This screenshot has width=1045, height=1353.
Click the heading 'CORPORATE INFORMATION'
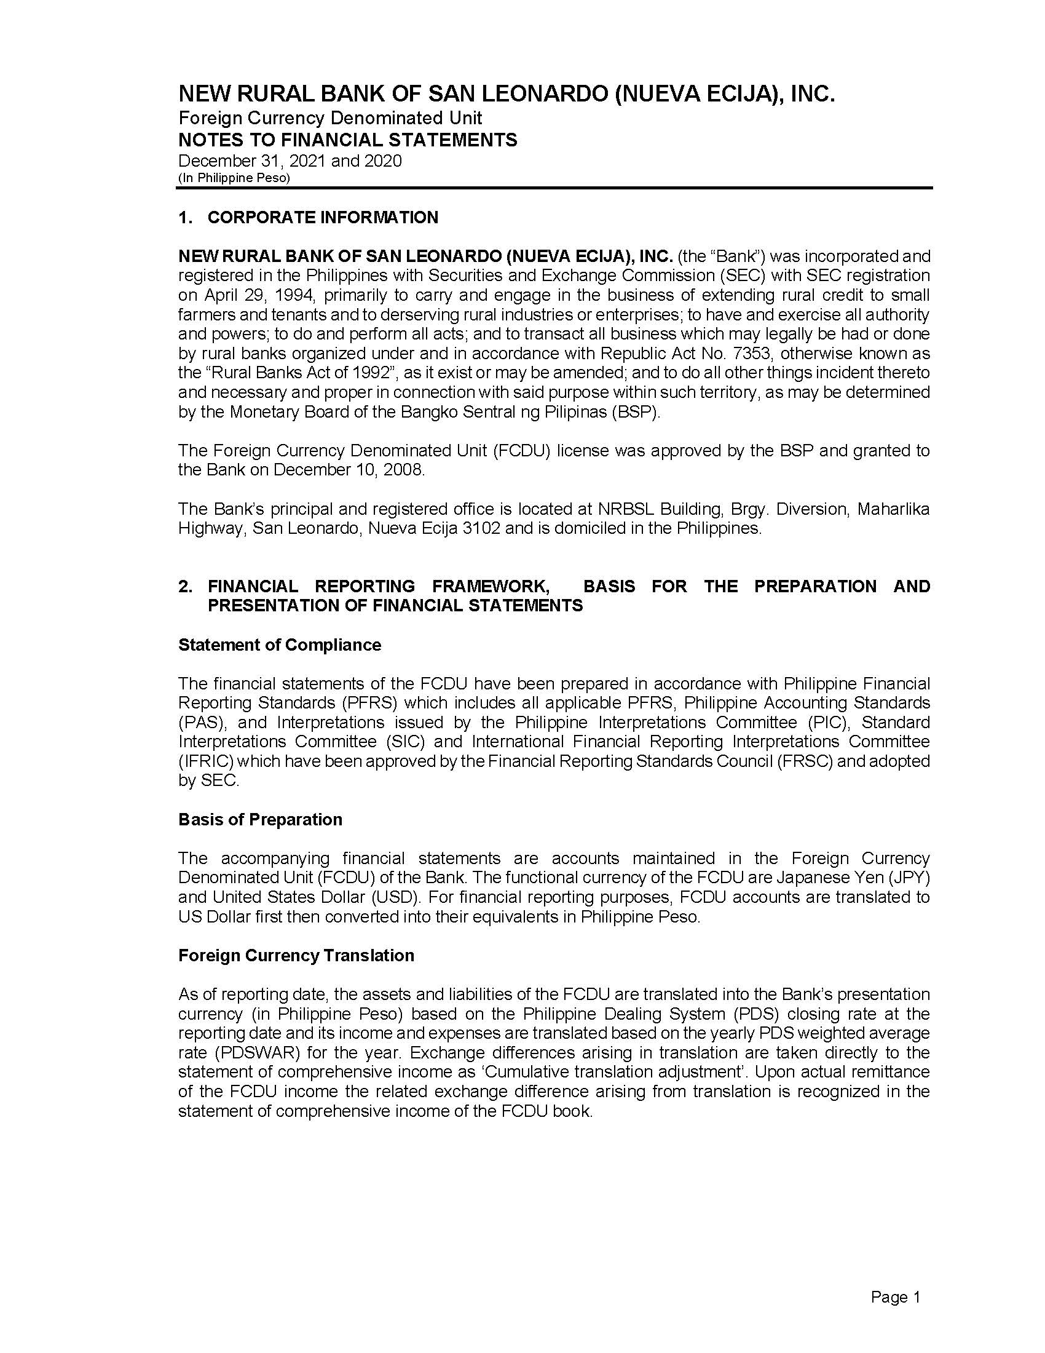pyautogui.click(x=323, y=218)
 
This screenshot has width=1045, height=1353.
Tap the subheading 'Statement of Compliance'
pyautogui.click(x=279, y=645)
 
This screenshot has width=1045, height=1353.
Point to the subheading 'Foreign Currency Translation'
pyautogui.click(x=296, y=955)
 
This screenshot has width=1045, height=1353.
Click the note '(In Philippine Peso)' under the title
pyautogui.click(x=234, y=178)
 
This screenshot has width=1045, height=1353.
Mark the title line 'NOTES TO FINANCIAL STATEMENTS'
pyautogui.click(x=347, y=140)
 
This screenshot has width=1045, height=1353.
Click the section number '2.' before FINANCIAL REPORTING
pyautogui.click(x=185, y=587)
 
